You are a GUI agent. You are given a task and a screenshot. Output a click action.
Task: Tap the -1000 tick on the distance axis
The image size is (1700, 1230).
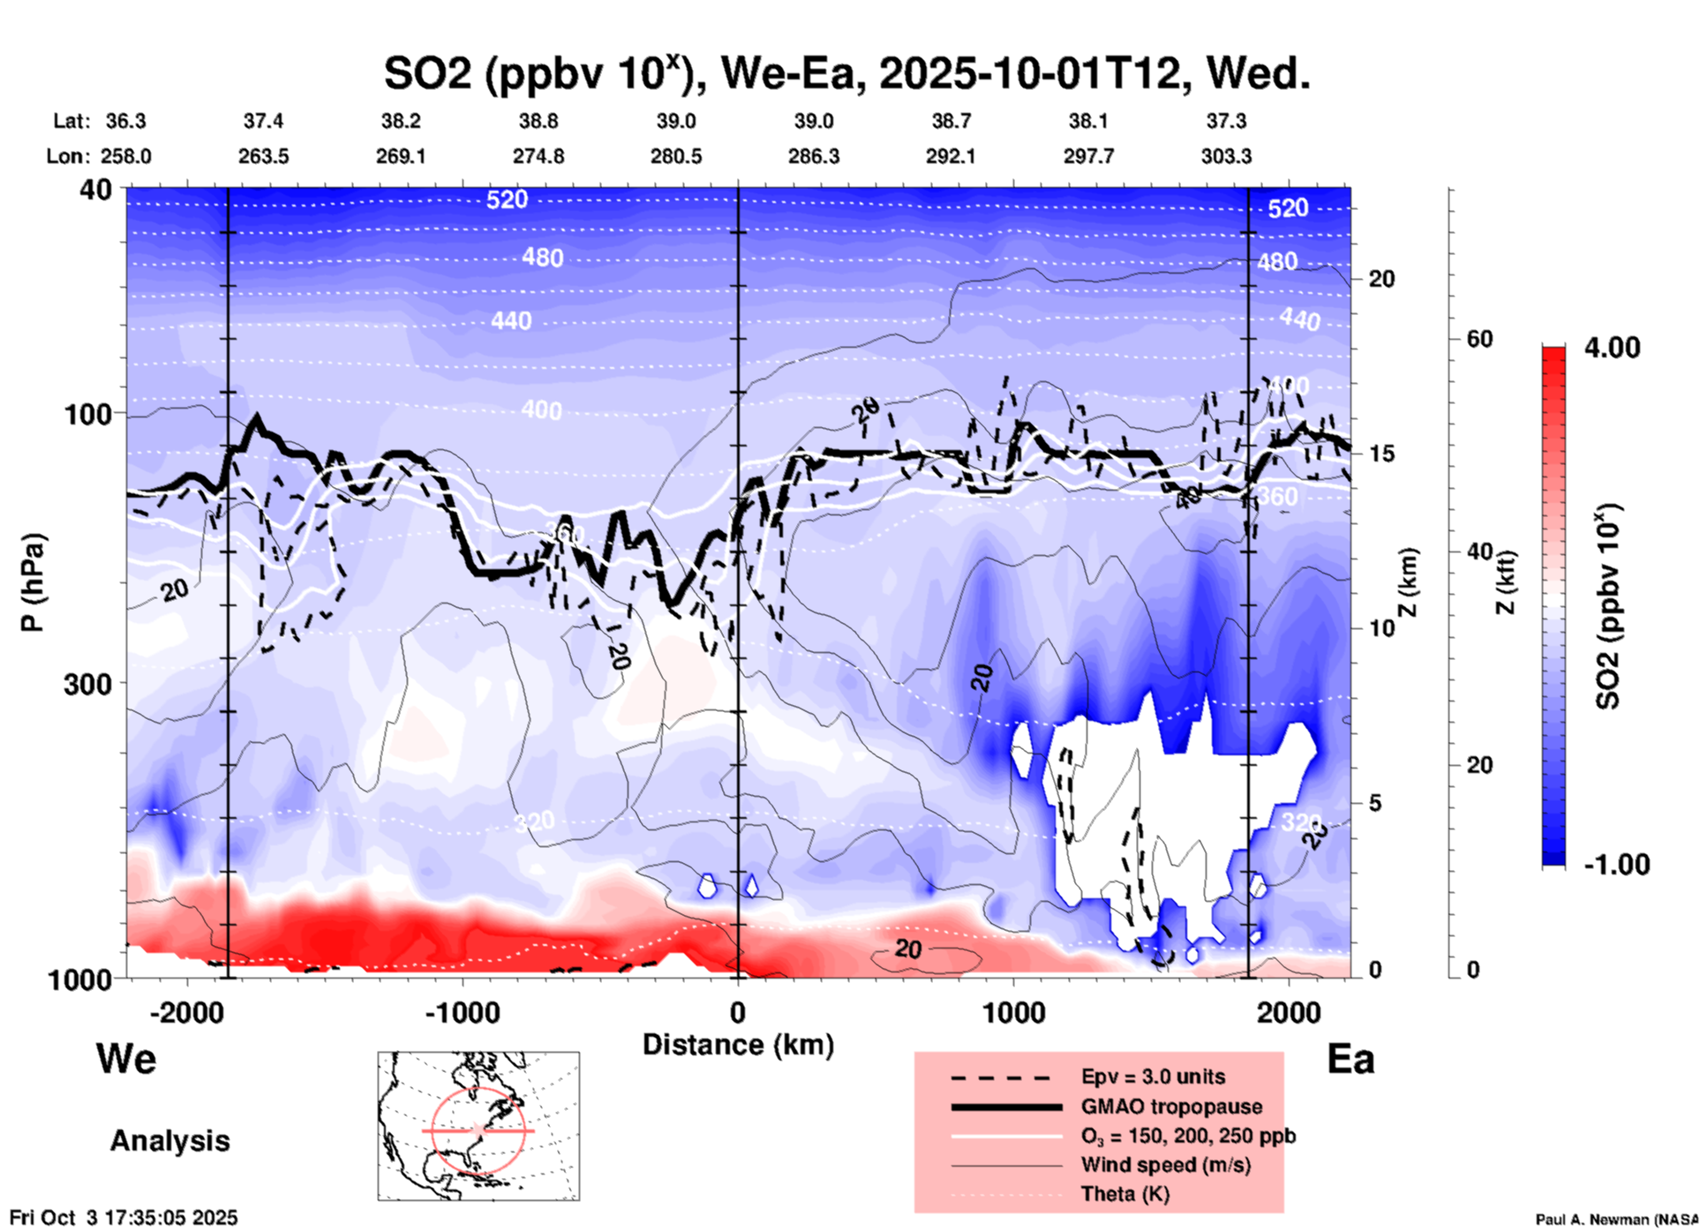pyautogui.click(x=463, y=1012)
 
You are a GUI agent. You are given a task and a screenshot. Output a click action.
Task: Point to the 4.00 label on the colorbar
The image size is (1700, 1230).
pyautogui.click(x=1612, y=347)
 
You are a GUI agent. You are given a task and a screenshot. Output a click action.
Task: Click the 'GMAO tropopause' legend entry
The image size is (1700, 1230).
pyautogui.click(x=1171, y=1106)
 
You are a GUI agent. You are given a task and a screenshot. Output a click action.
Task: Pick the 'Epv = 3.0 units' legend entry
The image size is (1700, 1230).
pyautogui.click(x=1153, y=1076)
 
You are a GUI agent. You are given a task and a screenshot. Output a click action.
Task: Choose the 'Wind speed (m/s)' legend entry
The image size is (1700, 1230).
pyautogui.click(x=1165, y=1165)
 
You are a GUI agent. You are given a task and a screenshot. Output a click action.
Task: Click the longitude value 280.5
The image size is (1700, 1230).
pyautogui.click(x=676, y=156)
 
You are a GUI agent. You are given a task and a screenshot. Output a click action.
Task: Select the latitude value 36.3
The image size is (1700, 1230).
pyautogui.click(x=125, y=121)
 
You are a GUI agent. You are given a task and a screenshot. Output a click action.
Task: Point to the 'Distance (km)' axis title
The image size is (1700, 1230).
pyautogui.click(x=738, y=1045)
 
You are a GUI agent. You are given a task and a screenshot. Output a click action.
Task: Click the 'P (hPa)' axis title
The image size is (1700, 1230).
pyautogui.click(x=32, y=582)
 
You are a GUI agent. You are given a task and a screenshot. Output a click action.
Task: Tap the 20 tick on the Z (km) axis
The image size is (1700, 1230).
pyautogui.click(x=1381, y=279)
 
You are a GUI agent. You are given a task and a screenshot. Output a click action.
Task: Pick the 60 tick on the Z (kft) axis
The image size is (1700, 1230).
pyautogui.click(x=1478, y=339)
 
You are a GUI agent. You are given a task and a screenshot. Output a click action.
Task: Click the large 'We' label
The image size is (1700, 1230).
pyautogui.click(x=126, y=1058)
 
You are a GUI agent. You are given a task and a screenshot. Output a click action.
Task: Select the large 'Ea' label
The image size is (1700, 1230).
pyautogui.click(x=1350, y=1059)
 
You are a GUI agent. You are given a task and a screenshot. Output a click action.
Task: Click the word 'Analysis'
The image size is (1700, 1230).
pyautogui.click(x=169, y=1140)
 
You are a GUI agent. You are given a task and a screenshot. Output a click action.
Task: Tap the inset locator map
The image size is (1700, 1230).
pyautogui.click(x=478, y=1125)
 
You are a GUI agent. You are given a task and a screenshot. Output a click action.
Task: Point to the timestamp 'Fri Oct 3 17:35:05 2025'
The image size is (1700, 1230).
pyautogui.click(x=124, y=1218)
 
